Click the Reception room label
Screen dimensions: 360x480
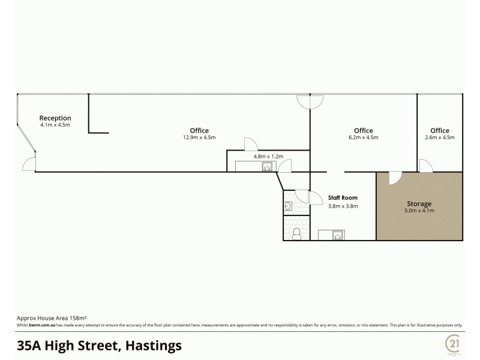pos(55,118)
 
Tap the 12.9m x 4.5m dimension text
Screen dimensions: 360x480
pos(199,137)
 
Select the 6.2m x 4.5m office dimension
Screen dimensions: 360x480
pos(364,137)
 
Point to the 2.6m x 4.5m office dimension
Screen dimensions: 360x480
pos(440,137)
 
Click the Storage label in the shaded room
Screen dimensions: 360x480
pos(419,204)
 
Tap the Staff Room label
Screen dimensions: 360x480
pos(343,197)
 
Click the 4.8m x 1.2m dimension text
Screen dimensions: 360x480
pos(268,157)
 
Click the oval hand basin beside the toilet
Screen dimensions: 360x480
pos(288,206)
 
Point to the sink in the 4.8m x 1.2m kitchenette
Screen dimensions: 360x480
pos(267,167)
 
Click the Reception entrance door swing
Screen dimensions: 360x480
pos(29,163)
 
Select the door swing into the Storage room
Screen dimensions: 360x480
pos(395,178)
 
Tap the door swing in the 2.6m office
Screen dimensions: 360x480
pos(425,166)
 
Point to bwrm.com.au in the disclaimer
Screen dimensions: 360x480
pos(39,325)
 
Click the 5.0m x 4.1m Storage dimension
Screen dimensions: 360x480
pos(419,211)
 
